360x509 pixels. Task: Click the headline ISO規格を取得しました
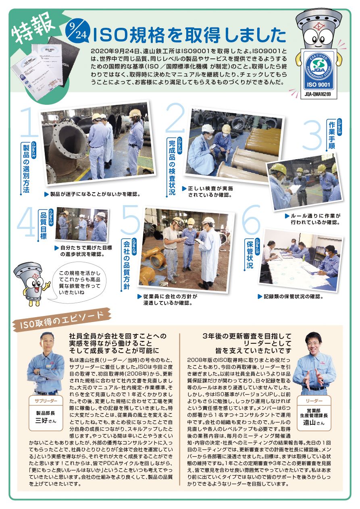pyautogui.click(x=189, y=35)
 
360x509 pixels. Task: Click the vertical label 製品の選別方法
pyautogui.click(x=27, y=167)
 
